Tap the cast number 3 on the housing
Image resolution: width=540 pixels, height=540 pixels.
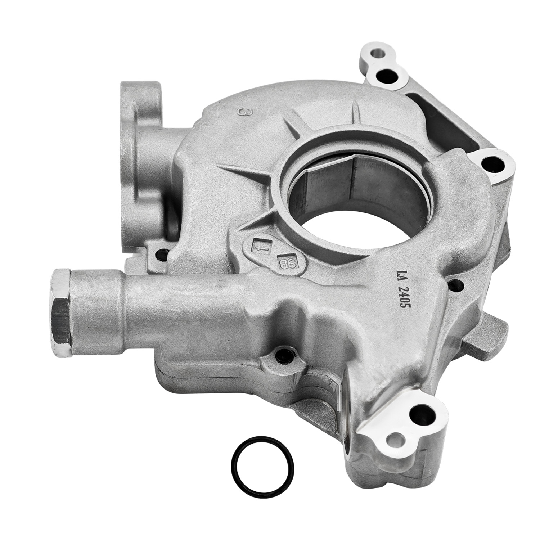coord(243,112)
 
